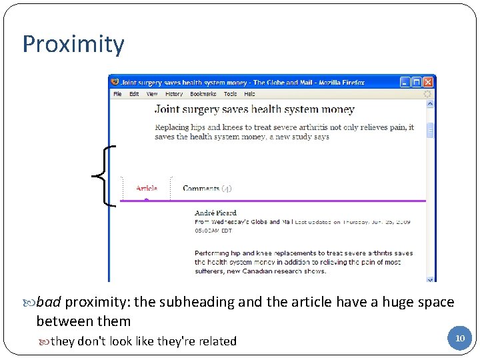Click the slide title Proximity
(73, 45)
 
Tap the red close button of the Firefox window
(428, 82)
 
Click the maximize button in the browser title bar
(417, 82)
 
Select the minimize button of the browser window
(405, 82)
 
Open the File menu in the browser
(117, 94)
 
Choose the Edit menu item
(134, 94)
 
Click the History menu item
(174, 94)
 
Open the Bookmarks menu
(203, 94)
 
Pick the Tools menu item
(231, 94)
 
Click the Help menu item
(249, 94)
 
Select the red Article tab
(147, 188)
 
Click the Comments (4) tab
(207, 188)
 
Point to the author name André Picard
(215, 213)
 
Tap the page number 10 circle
(459, 338)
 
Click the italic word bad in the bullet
(49, 302)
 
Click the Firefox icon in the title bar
(115, 82)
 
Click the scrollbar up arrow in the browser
(431, 104)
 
